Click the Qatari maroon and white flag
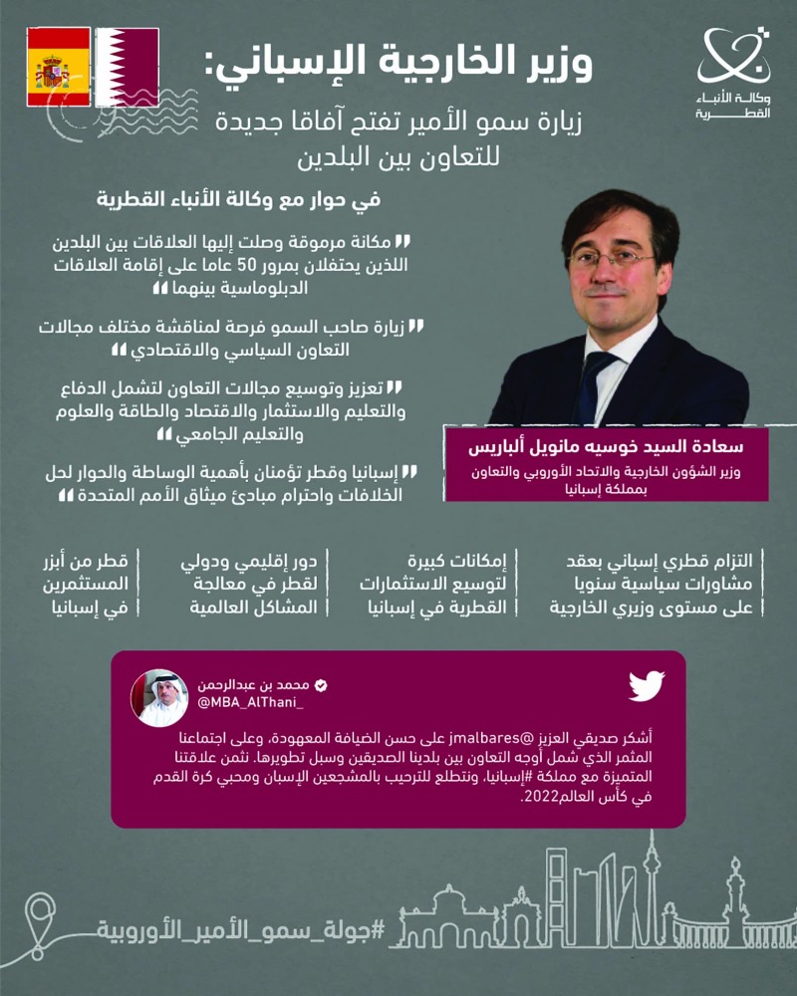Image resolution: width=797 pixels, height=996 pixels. tap(128, 67)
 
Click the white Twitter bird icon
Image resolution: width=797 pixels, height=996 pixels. tap(647, 685)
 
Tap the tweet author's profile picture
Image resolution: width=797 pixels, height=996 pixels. tap(162, 697)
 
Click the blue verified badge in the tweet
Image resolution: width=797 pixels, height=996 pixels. tap(322, 686)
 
